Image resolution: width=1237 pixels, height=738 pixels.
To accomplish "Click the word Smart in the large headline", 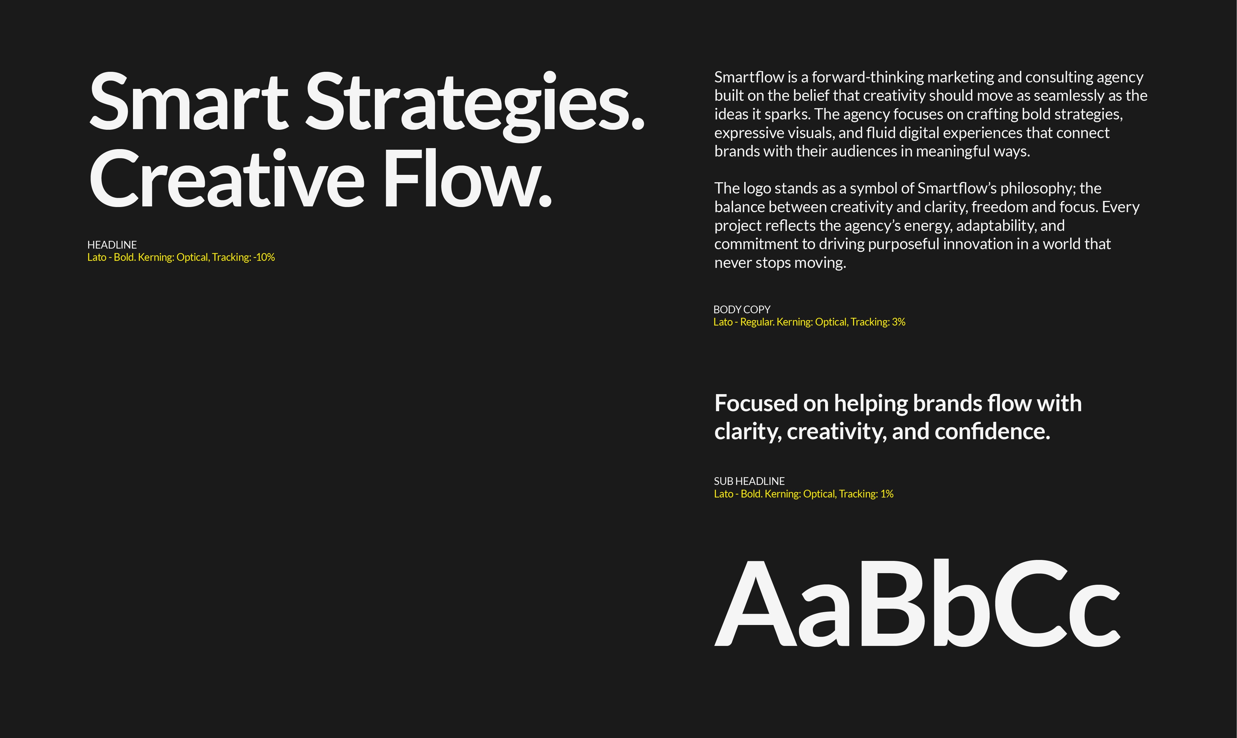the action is point(189,102).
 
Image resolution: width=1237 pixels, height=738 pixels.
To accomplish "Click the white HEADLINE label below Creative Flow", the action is point(112,245).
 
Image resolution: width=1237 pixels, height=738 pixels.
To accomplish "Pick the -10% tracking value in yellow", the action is point(264,257).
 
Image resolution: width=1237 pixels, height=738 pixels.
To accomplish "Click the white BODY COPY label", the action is point(742,309).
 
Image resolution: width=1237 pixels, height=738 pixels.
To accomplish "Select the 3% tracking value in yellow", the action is point(898,322).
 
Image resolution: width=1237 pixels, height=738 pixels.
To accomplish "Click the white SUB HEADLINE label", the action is point(749,481).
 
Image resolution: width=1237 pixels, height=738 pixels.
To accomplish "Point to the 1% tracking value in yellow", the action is point(887,494).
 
